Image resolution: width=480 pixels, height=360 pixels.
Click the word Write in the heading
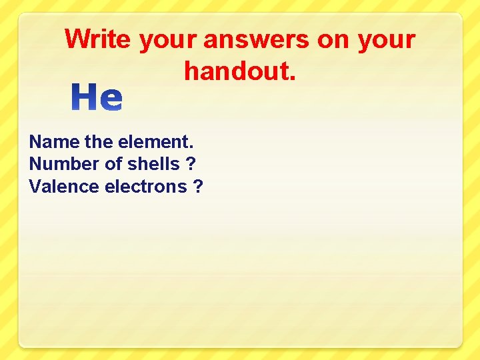(x=98, y=39)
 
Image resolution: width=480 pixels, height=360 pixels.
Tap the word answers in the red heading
(x=257, y=40)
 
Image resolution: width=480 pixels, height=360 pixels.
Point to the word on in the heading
(x=333, y=39)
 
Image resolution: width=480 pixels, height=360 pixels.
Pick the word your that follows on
(x=386, y=41)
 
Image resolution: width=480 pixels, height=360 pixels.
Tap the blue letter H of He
(x=85, y=98)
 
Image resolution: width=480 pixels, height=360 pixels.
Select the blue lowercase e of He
(x=111, y=99)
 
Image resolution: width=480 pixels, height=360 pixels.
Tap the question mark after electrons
(x=198, y=187)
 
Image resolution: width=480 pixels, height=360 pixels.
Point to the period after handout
(x=292, y=78)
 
